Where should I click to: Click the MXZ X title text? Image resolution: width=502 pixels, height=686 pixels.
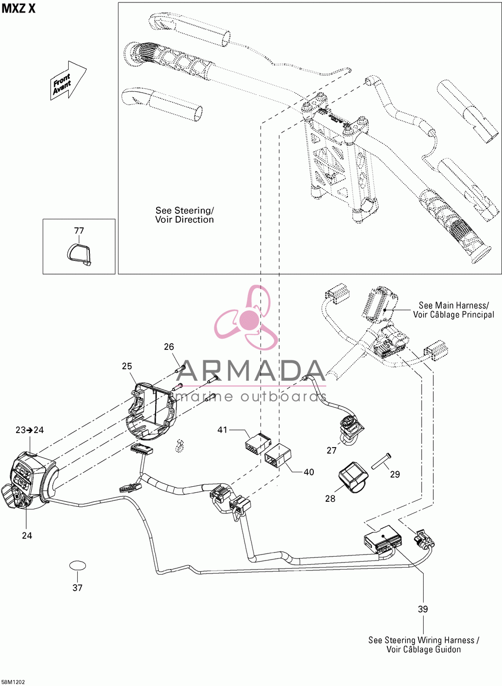19,9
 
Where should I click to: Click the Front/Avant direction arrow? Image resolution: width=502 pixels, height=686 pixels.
68,80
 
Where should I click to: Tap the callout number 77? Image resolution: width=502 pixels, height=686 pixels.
79,231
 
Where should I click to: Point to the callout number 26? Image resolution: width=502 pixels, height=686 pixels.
169,347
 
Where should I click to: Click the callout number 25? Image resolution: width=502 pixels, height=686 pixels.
127,366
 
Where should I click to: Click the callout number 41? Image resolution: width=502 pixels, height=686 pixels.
222,430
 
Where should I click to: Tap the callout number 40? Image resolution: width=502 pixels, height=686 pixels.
309,472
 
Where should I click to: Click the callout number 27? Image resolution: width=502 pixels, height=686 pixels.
331,451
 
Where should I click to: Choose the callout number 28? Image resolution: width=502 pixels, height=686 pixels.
330,499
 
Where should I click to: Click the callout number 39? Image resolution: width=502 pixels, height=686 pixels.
423,609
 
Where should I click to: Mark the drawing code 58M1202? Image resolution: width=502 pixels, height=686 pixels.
13,682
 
